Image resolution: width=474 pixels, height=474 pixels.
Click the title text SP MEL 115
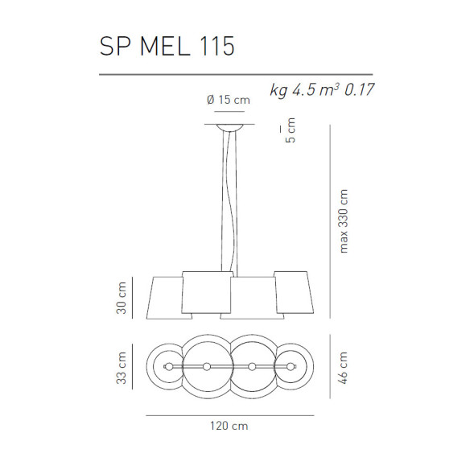pos(167,47)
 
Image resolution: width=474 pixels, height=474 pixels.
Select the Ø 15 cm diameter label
pos(228,101)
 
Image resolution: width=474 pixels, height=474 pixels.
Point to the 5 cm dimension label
pos(291,130)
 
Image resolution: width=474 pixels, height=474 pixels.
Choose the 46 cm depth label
pos(344,368)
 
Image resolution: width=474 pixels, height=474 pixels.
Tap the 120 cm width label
pos(229,427)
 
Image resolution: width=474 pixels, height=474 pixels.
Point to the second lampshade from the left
pos(206,295)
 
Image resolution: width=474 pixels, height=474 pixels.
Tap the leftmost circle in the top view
pos(167,367)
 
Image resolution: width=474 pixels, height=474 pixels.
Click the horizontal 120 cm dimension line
pos(229,415)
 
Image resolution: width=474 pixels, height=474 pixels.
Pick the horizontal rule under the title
pos(236,74)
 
